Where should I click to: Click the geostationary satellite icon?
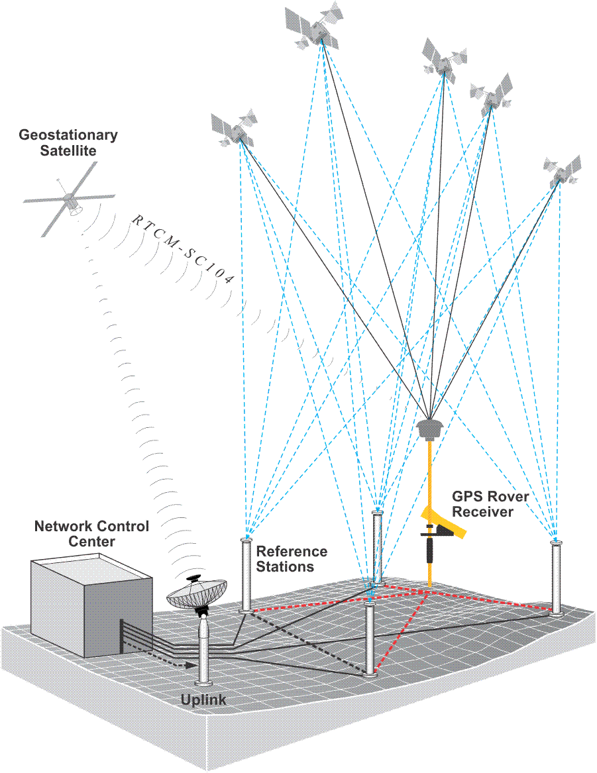(x=69, y=199)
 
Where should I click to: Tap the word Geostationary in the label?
(x=68, y=135)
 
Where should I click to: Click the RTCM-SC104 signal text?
(x=183, y=248)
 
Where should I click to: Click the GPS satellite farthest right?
(x=562, y=171)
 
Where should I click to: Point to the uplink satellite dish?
(x=197, y=593)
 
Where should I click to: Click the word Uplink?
(x=203, y=700)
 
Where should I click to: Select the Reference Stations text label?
(x=292, y=559)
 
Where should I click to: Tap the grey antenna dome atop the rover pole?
(x=432, y=428)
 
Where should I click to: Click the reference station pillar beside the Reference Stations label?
(x=246, y=574)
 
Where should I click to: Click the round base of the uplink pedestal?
(x=203, y=682)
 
